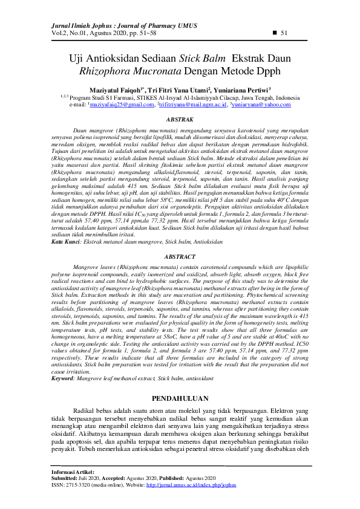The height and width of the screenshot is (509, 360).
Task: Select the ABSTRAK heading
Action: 180,120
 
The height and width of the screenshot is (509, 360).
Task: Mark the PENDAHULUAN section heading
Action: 180,398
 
